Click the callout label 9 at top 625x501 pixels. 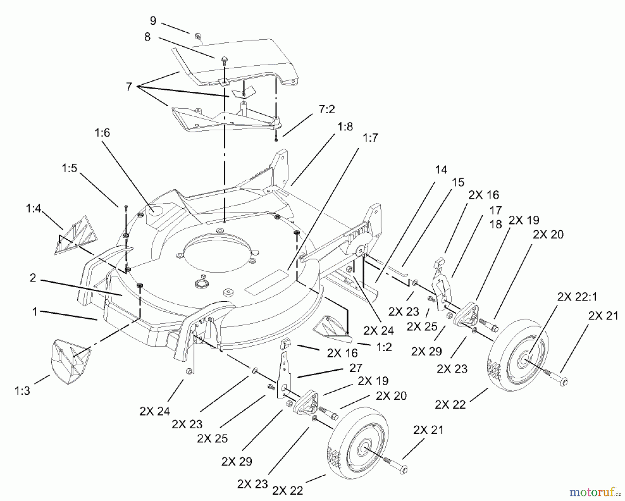153,21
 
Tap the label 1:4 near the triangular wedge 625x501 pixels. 33,208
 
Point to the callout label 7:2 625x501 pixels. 326,109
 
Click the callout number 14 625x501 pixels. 441,170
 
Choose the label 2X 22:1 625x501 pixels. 577,297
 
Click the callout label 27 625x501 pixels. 356,368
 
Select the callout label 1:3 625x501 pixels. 22,391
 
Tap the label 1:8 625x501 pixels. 345,127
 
